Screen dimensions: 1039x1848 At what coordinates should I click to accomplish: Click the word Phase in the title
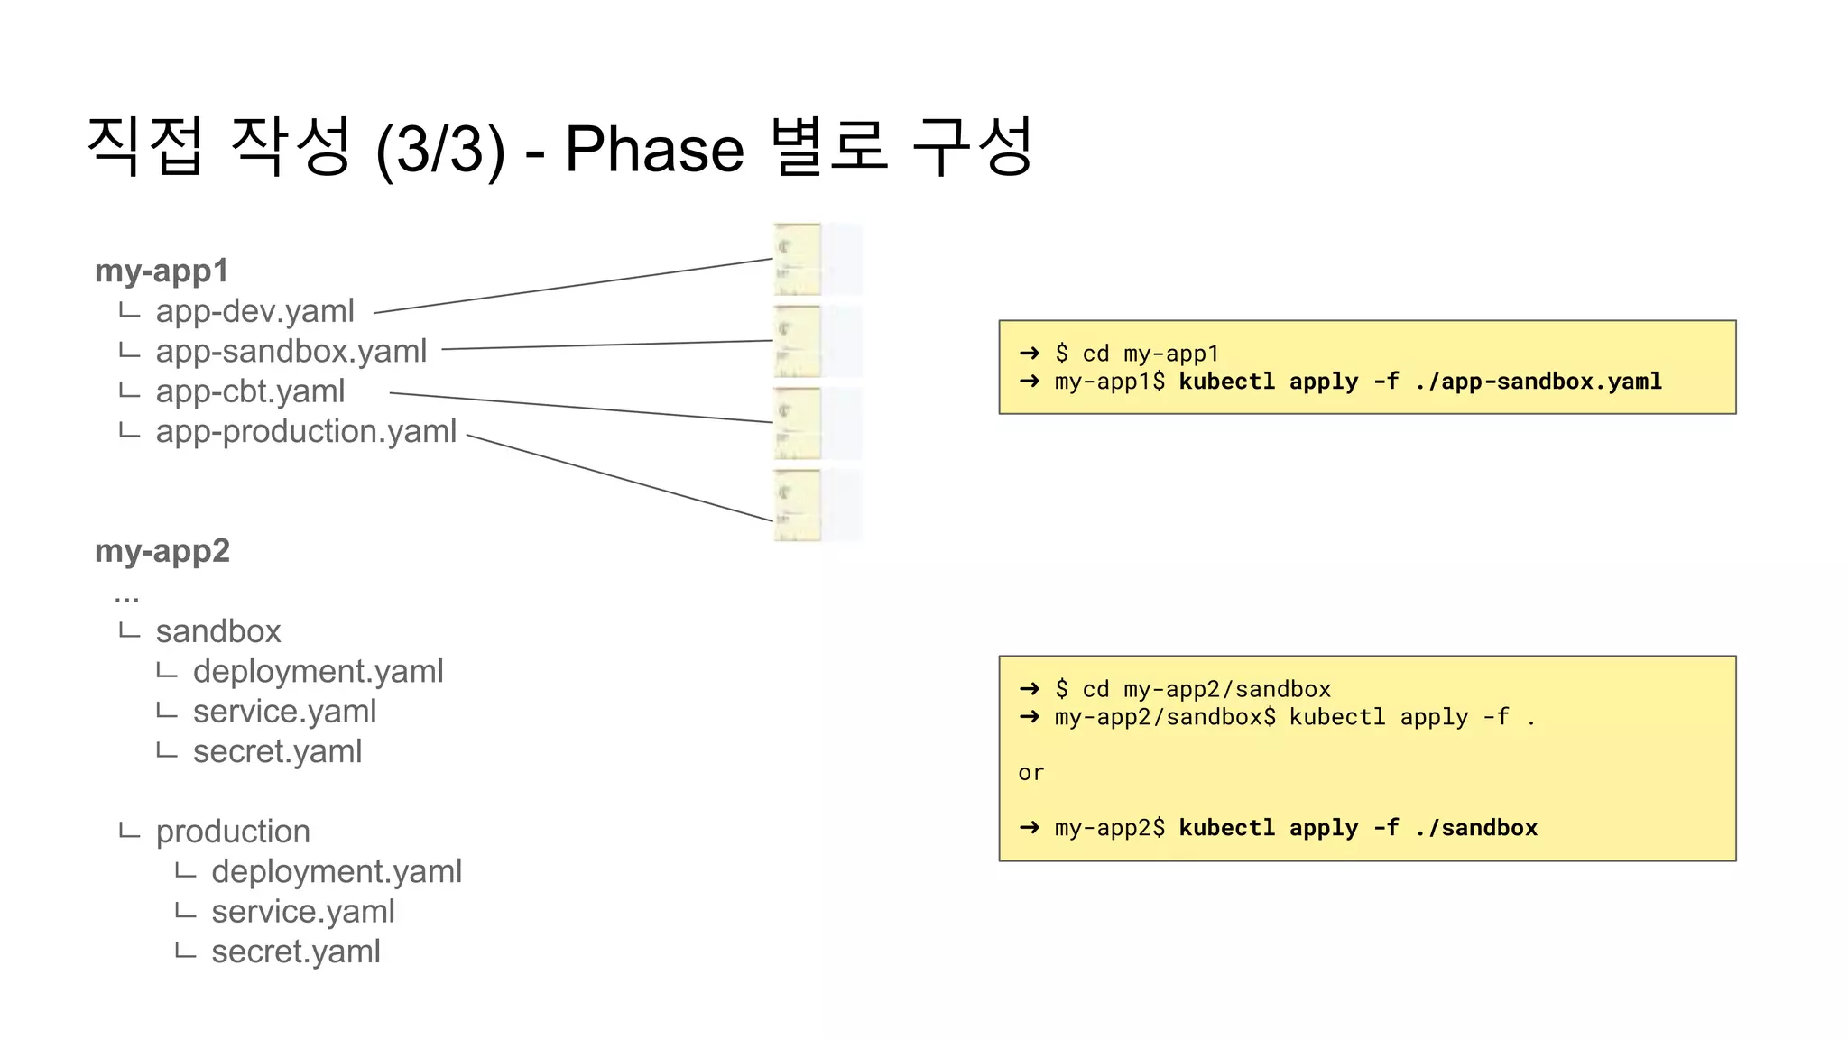coord(653,149)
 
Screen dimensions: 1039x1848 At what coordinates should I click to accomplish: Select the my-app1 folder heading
coord(162,271)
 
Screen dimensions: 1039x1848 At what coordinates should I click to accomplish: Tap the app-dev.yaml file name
coord(254,311)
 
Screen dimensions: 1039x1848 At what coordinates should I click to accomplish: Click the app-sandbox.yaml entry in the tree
coord(291,351)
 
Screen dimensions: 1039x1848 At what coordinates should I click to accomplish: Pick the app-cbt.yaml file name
coord(250,391)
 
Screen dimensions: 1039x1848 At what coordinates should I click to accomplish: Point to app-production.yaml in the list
coord(306,431)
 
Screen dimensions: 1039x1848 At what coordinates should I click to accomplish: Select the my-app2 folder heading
coord(162,550)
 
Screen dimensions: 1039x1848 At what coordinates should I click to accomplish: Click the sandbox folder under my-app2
coord(218,631)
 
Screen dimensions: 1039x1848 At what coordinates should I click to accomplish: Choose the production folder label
coord(233,832)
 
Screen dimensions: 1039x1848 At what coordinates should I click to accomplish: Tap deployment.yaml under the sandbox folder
coord(318,671)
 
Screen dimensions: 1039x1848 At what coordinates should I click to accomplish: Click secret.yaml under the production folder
coord(296,952)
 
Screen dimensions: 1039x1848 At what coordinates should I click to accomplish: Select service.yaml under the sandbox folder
coord(284,712)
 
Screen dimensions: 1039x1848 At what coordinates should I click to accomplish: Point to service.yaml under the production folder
coord(303,912)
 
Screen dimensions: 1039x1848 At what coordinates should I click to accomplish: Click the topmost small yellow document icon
coord(798,260)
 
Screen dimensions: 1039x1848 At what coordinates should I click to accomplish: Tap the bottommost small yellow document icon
coord(798,505)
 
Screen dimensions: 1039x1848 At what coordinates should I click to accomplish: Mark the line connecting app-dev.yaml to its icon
coord(573,286)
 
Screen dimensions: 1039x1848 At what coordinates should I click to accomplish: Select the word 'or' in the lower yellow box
coord(1030,773)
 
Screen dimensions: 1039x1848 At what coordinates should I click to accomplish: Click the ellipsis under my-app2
coord(127,596)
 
